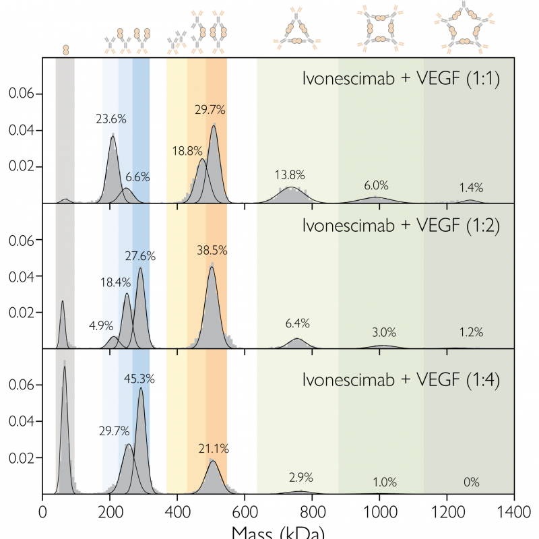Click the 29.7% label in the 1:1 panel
(210, 110)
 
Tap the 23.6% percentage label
(111, 119)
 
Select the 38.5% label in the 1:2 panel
(212, 250)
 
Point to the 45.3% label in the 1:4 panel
(139, 379)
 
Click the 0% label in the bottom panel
(471, 482)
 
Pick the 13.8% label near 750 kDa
(290, 175)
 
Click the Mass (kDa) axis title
(278, 532)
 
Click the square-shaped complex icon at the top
(381, 30)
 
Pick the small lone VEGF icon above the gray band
(65, 49)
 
